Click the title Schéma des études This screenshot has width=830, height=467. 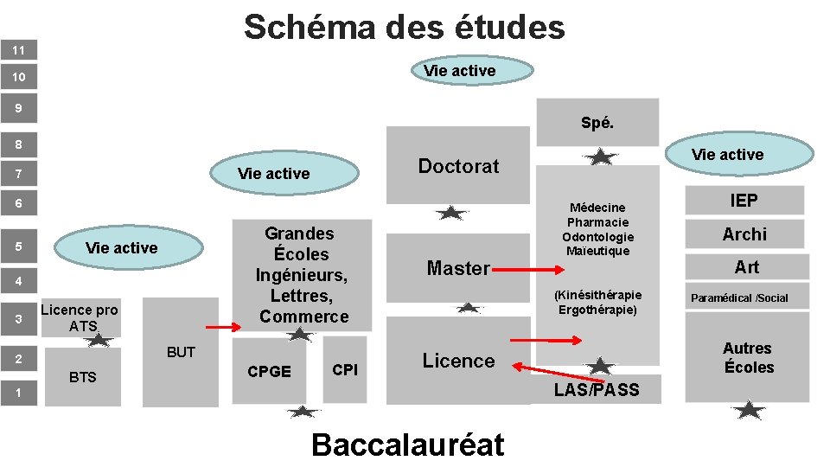[x=405, y=27]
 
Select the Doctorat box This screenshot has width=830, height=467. [x=458, y=166]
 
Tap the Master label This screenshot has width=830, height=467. [x=458, y=268]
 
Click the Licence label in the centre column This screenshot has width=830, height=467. [x=458, y=361]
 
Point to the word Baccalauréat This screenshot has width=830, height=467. [x=407, y=445]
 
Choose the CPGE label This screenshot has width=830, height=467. [x=269, y=371]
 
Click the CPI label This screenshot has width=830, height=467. [x=345, y=370]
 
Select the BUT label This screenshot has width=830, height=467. [x=181, y=352]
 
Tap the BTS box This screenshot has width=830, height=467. [x=83, y=377]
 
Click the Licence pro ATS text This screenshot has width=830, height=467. [x=80, y=317]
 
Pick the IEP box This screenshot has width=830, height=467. [x=744, y=202]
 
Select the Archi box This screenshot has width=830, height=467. [x=744, y=234]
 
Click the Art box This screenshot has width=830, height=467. [x=746, y=267]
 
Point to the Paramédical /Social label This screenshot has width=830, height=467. [x=739, y=298]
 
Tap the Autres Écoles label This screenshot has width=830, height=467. [x=748, y=357]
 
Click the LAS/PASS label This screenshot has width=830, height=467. [x=597, y=390]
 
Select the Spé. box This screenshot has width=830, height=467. [x=597, y=123]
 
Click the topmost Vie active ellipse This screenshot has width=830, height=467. [x=459, y=70]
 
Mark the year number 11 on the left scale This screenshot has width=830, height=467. [x=18, y=50]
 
